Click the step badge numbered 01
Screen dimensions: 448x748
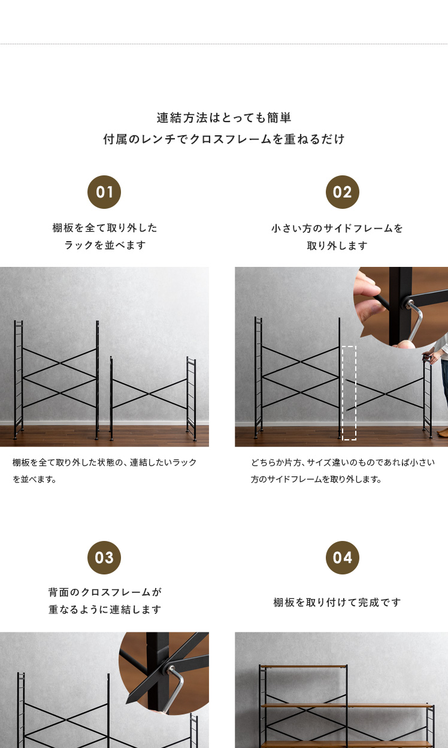[x=104, y=192]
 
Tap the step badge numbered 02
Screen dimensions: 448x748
[x=343, y=192]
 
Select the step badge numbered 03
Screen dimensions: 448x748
[x=104, y=558]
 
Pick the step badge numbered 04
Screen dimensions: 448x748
[x=343, y=558]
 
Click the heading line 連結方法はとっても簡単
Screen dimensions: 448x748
[x=224, y=117]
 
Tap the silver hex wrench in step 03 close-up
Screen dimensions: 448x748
[x=175, y=689]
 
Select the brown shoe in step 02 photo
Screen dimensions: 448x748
[x=443, y=432]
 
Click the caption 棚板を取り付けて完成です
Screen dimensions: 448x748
[x=337, y=603]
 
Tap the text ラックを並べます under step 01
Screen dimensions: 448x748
[x=105, y=245]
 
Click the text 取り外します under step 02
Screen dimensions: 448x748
[x=337, y=246]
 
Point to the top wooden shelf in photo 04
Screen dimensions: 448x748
[x=303, y=666]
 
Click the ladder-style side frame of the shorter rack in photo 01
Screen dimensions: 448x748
[x=192, y=399]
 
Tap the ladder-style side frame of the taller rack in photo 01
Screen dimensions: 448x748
[x=19, y=379]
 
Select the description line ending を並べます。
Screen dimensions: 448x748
[x=34, y=479]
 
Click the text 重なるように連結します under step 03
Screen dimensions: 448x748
[x=105, y=610]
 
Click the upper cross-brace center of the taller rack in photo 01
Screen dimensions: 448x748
[x=60, y=363]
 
